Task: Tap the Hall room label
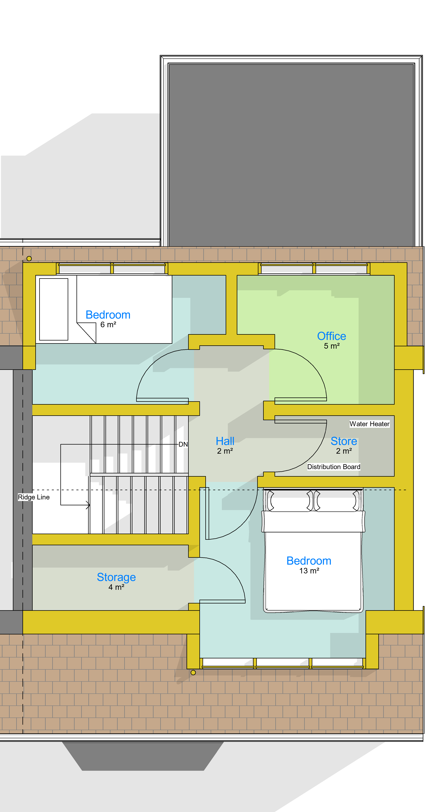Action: coord(225,441)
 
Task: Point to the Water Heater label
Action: coord(369,424)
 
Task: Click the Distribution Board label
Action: coord(334,467)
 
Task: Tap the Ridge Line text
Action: coord(34,497)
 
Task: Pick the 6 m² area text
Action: coord(108,325)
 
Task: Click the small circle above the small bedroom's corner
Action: coord(29,258)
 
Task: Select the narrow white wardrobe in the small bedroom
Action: coord(54,309)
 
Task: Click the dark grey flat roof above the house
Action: coord(291,155)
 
